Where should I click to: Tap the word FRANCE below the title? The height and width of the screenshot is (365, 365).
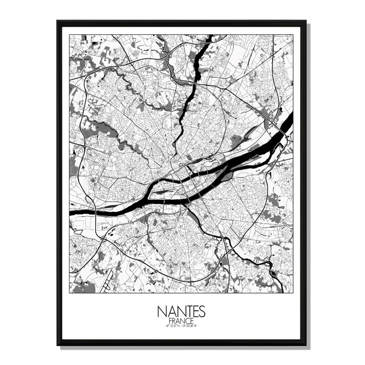(182, 320)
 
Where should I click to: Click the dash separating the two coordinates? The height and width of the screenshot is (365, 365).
(182, 325)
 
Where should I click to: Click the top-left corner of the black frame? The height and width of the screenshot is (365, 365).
(58, 21)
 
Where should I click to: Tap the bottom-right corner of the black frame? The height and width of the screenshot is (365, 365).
(305, 344)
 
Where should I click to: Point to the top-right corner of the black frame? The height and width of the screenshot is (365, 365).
(305, 21)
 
